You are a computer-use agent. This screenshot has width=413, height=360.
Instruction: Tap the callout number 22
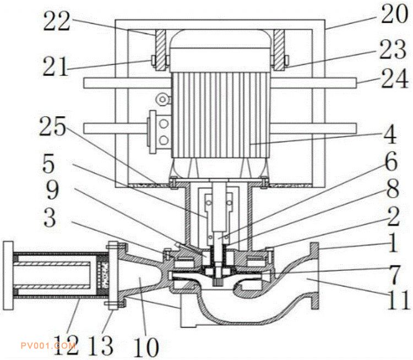click(x=57, y=21)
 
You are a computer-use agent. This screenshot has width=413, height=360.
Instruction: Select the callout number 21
click(x=55, y=67)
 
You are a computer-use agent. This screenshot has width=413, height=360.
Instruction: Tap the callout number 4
click(x=390, y=134)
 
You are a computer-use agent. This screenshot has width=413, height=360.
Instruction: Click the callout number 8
click(x=393, y=189)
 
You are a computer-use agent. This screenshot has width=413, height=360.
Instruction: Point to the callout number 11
click(x=398, y=299)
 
